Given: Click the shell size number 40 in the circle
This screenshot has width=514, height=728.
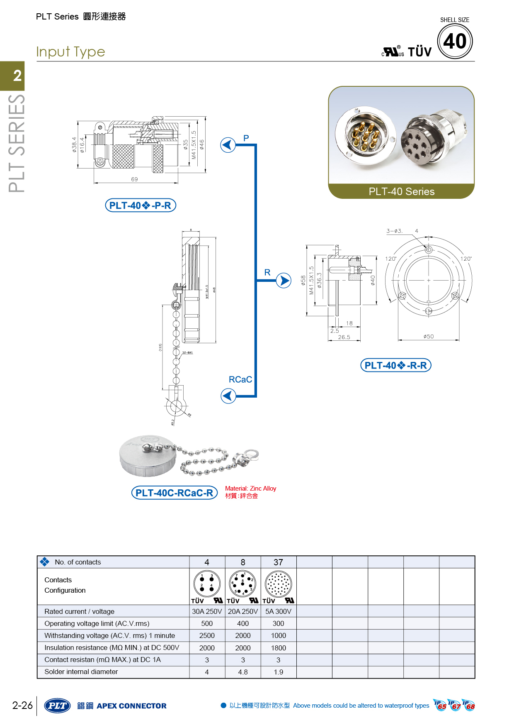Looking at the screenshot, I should [x=455, y=41].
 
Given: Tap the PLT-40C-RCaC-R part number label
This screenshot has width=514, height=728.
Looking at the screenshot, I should [x=174, y=493].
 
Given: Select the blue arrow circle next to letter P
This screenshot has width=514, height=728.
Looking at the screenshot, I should [x=228, y=145].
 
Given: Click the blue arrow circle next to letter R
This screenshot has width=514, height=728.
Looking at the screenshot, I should [x=284, y=281].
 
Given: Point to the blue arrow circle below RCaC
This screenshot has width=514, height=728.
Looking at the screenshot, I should [x=228, y=396].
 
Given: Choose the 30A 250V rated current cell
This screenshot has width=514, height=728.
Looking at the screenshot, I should [x=207, y=611].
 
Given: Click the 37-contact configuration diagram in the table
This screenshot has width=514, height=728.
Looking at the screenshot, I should [x=279, y=583].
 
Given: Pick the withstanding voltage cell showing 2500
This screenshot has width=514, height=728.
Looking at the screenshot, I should [x=207, y=635].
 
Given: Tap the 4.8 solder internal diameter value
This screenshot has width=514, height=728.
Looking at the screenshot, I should [x=243, y=672].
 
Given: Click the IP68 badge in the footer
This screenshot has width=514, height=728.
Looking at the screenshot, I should [x=469, y=705].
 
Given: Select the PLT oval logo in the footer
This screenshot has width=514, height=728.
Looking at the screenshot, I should [x=58, y=706].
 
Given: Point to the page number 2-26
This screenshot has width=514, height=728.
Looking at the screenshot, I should [x=22, y=705].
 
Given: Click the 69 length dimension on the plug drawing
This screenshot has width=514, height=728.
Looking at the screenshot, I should [x=134, y=179].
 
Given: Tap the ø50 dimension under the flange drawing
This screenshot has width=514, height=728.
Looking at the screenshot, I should [x=429, y=337].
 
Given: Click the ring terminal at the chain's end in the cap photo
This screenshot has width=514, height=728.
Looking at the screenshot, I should [x=251, y=455].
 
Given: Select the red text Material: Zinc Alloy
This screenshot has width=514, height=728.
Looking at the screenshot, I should [x=250, y=489].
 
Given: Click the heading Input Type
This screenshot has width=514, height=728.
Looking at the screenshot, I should [x=70, y=52].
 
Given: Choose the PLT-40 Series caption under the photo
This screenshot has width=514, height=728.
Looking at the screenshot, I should [x=401, y=191].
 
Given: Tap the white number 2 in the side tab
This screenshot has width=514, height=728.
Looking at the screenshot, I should [x=17, y=76].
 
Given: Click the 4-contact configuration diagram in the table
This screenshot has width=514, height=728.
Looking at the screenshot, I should [x=207, y=583].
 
